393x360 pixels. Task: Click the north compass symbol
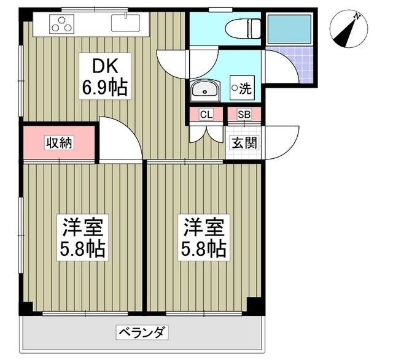[x=348, y=29]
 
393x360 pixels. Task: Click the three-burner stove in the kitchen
[x=62, y=25]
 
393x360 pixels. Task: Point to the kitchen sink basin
[x=126, y=24]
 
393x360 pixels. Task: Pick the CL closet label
[x=206, y=115]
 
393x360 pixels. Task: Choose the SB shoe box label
[x=244, y=115]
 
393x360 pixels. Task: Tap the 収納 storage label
[x=59, y=144]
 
